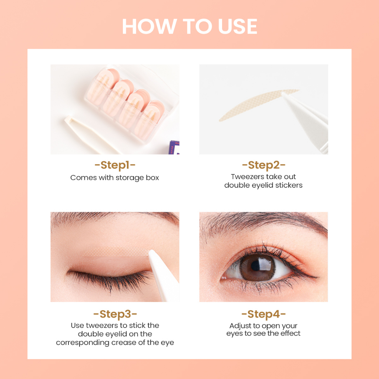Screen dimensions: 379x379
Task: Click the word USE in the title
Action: (237, 26)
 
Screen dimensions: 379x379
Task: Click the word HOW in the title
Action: (150, 26)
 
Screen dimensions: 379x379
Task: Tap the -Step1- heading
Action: (115, 165)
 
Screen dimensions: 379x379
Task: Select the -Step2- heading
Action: (264, 165)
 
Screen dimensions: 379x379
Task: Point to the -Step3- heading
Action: (115, 314)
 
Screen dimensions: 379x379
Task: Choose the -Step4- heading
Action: (264, 314)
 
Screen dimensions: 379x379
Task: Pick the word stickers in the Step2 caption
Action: (289, 185)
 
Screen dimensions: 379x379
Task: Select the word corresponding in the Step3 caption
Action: (83, 343)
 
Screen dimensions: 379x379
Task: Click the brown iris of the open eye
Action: (257, 268)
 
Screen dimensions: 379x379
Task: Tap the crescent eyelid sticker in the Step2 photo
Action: (256, 104)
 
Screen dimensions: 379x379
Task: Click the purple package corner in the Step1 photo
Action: (174, 147)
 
